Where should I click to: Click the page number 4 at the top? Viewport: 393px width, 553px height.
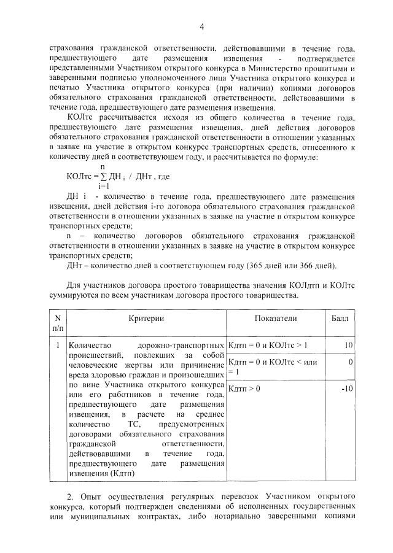pyautogui.click(x=201, y=26)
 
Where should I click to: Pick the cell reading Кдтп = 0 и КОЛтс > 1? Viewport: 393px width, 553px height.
pyautogui.click(x=268, y=346)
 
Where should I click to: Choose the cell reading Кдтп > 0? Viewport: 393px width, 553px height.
pyautogui.click(x=244, y=389)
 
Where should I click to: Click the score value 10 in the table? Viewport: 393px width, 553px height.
pyautogui.click(x=348, y=346)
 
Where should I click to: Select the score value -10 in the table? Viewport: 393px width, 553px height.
pyautogui.click(x=347, y=389)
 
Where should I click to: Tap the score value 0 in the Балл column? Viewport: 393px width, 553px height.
pyautogui.click(x=351, y=363)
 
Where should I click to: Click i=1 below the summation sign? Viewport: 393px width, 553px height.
pyautogui.click(x=103, y=185)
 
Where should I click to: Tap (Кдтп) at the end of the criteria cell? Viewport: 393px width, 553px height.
pyautogui.click(x=131, y=473)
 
